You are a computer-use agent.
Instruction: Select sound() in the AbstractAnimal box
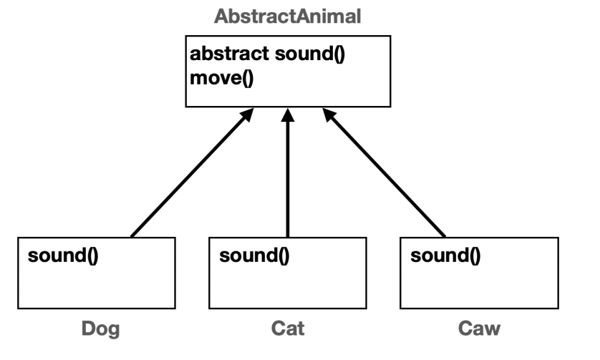312,56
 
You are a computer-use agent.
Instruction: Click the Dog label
100,329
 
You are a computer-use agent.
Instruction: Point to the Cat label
288,329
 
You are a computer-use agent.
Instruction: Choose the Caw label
479,329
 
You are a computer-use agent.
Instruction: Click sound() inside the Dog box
63,256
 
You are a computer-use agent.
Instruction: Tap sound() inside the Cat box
254,256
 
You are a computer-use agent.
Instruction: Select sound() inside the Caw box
445,256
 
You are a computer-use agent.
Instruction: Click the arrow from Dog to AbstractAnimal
190,174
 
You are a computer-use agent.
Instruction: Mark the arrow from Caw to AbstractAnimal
384,174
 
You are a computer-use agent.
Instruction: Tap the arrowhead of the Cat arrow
288,115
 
